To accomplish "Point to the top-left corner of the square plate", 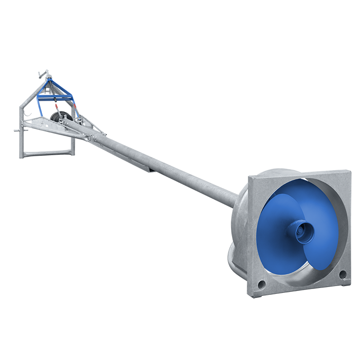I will (x=249, y=178).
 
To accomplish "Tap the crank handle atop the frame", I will (x=43, y=75).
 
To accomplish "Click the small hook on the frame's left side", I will (x=31, y=116).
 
